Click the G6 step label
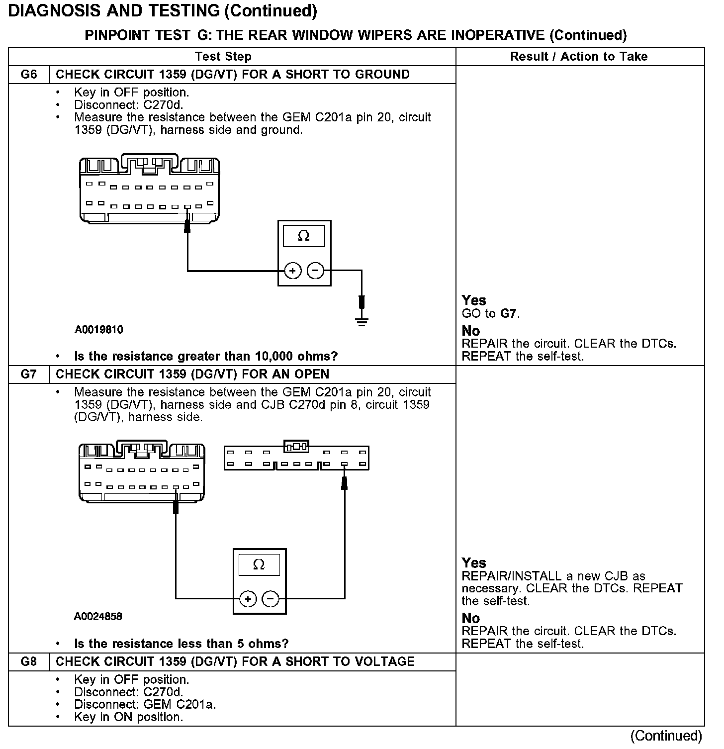(29, 75)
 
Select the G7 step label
(29, 374)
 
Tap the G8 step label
(29, 661)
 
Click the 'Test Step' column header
(223, 57)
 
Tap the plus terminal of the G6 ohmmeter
(293, 271)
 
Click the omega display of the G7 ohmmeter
(259, 565)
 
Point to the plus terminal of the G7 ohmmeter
(248, 599)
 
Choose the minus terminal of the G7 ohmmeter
(271, 599)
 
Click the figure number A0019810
(99, 330)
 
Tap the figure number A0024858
(98, 617)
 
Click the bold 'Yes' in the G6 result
(473, 300)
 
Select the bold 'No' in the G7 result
(470, 618)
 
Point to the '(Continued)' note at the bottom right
(666, 736)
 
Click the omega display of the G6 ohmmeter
(304, 236)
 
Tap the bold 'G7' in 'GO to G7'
(509, 314)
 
